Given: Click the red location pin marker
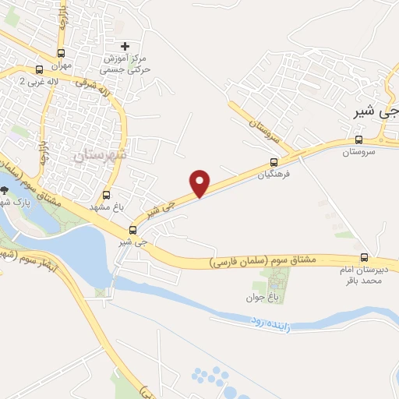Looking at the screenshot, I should click(200, 182).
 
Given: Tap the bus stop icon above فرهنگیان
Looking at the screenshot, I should click(274, 162).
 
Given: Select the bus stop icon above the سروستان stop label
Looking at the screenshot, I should click(358, 139).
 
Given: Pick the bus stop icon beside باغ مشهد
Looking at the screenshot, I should click(107, 195).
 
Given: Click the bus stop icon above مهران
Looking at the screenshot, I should click(62, 54).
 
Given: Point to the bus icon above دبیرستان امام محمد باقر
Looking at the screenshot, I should click(364, 257).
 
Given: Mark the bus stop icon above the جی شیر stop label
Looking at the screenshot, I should click(132, 230).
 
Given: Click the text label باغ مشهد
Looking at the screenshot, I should click(111, 207).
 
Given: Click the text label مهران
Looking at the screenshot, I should click(62, 66).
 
